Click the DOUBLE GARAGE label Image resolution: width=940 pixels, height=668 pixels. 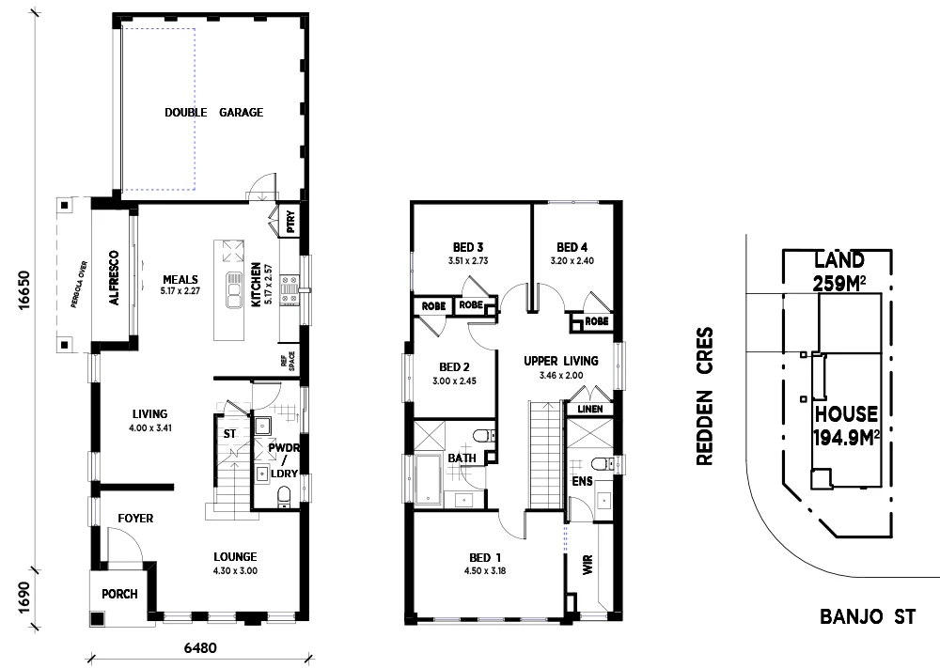(213, 113)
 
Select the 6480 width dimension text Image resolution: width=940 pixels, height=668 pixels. (201, 647)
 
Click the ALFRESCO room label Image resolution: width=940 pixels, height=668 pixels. (114, 279)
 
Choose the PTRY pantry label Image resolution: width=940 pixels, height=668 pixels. (290, 223)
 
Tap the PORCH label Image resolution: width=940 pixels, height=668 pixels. (120, 594)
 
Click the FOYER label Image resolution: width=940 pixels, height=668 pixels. (135, 519)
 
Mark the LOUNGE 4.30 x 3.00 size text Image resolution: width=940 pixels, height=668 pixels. (234, 570)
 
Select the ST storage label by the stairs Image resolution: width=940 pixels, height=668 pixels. (228, 434)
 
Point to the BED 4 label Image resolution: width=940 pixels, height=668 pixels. (572, 248)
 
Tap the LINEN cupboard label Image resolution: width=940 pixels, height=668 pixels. (589, 409)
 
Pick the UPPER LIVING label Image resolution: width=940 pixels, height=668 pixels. (561, 361)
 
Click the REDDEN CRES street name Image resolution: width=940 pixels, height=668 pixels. (706, 396)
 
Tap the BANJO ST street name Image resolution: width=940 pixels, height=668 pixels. (867, 617)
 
